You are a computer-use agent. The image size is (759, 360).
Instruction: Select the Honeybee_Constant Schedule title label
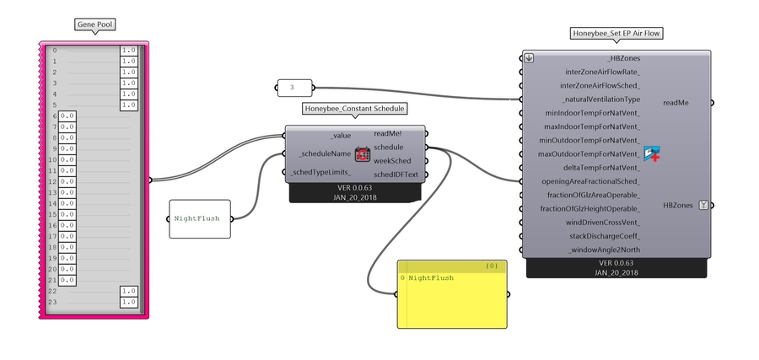coord(354,109)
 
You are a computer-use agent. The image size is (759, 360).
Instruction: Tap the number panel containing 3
coord(293,86)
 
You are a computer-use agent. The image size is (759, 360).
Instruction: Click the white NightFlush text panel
coord(199,218)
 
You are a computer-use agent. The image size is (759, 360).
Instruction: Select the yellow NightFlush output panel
coord(452,294)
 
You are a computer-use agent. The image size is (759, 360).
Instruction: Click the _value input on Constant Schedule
coord(341,135)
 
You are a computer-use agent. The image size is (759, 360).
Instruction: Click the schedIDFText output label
coord(396,175)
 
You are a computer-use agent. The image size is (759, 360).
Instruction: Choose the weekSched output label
coord(392,160)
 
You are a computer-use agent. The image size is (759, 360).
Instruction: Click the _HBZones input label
coord(623,58)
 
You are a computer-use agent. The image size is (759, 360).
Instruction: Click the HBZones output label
coord(678,205)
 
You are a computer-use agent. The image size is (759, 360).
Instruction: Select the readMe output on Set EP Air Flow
coord(676,102)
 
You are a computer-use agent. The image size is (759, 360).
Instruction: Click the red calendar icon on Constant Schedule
coord(363,154)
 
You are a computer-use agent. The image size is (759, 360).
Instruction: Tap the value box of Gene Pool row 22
coord(129,291)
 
